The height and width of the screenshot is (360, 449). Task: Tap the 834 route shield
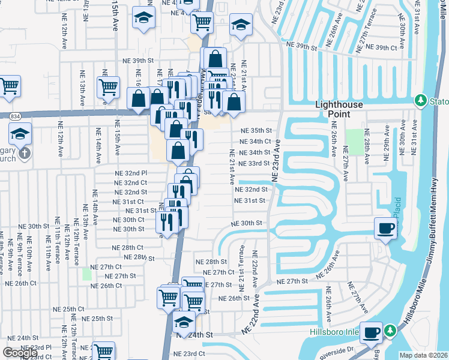[12, 115]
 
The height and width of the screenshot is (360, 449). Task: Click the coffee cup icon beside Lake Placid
[385, 228]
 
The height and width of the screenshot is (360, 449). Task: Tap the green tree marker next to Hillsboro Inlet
[390, 331]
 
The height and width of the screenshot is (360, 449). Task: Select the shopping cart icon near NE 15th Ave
[108, 86]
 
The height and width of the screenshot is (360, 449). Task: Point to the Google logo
[20, 353]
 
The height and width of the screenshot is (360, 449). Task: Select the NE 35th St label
[256, 131]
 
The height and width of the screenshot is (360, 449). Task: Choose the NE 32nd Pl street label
[131, 173]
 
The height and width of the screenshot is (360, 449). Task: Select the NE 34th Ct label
[255, 142]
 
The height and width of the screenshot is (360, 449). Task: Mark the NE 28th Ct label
[128, 247]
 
